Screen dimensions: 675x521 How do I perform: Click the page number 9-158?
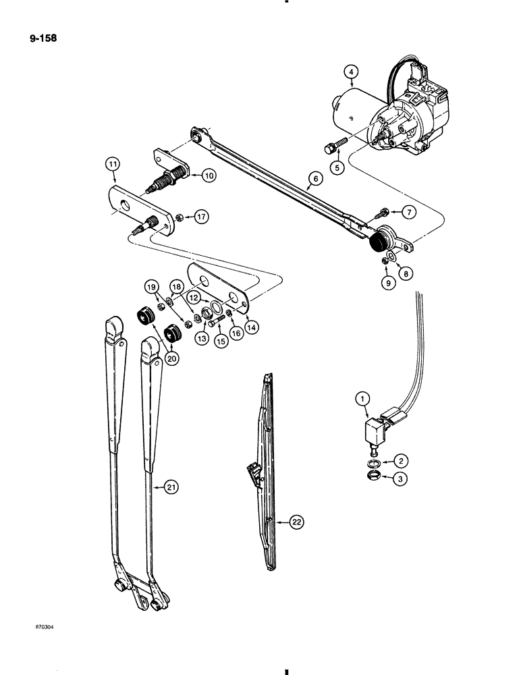click(x=43, y=38)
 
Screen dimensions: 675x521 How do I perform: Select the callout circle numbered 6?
click(x=312, y=180)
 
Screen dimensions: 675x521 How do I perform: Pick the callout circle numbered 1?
click(x=363, y=400)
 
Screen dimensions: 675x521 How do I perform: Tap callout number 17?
click(x=200, y=217)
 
